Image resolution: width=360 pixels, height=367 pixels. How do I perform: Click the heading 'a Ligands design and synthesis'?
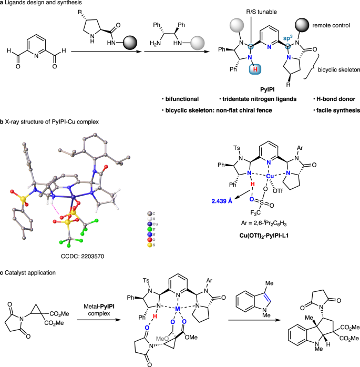(x=39, y=4)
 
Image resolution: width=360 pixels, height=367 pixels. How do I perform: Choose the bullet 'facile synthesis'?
(x=335, y=111)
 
